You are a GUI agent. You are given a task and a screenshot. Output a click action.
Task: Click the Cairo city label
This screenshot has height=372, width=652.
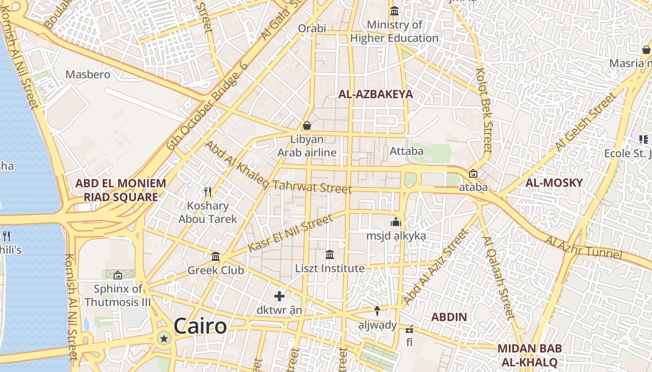200,326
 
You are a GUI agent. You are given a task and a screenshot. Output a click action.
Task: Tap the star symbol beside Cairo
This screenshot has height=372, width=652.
164,338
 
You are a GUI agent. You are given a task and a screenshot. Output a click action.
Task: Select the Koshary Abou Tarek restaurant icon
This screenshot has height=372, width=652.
208,192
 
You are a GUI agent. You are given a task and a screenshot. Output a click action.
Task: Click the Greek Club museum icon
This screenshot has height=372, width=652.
216,257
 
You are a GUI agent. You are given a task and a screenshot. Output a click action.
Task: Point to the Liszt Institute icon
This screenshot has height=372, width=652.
330,254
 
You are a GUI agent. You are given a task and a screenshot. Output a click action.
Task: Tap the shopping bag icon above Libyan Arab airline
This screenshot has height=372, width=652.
307,125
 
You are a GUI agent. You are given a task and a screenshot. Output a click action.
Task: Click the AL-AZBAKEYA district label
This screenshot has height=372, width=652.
375,94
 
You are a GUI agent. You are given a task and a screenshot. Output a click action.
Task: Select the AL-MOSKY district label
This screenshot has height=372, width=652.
554,183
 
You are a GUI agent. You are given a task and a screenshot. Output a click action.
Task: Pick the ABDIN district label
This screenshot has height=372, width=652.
448,317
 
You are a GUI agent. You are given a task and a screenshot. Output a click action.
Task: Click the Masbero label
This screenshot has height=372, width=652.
88,74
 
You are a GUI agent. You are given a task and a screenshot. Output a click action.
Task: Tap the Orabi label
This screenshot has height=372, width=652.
312,28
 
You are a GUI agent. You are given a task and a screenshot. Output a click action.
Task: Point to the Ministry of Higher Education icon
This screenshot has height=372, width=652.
394,11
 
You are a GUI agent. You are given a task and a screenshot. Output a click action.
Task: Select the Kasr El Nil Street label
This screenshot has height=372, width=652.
291,233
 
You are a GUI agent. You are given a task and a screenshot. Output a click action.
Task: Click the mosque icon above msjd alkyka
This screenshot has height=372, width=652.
396,222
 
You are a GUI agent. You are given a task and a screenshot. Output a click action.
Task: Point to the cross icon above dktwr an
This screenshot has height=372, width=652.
279,296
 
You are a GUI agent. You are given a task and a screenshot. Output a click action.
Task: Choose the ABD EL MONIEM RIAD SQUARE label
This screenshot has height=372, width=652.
121,190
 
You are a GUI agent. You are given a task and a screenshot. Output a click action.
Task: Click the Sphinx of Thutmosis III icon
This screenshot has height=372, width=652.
117,275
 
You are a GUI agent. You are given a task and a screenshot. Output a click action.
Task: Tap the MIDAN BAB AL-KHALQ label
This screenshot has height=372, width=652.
530,355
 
